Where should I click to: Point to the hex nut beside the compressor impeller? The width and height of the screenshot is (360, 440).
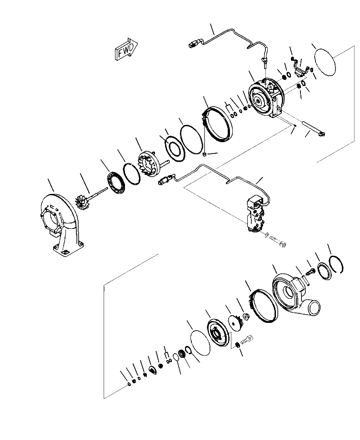(245, 316)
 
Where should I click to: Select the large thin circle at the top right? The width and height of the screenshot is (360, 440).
(325, 63)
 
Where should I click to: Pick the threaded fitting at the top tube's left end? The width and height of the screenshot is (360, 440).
(193, 44)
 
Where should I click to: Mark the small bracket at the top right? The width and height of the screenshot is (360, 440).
(299, 70)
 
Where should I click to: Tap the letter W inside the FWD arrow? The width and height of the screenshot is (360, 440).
(126, 49)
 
